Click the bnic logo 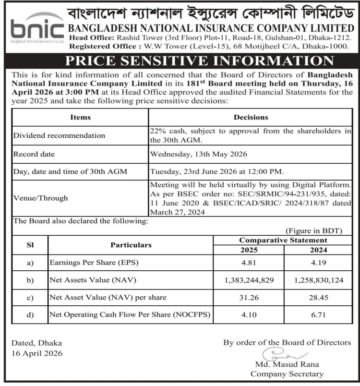pos(37,30)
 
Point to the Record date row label pos(34,155)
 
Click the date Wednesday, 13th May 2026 pos(199,155)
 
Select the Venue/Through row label pos(40,198)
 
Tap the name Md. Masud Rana pos(287,365)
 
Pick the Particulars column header pos(131,245)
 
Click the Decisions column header pos(251,117)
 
